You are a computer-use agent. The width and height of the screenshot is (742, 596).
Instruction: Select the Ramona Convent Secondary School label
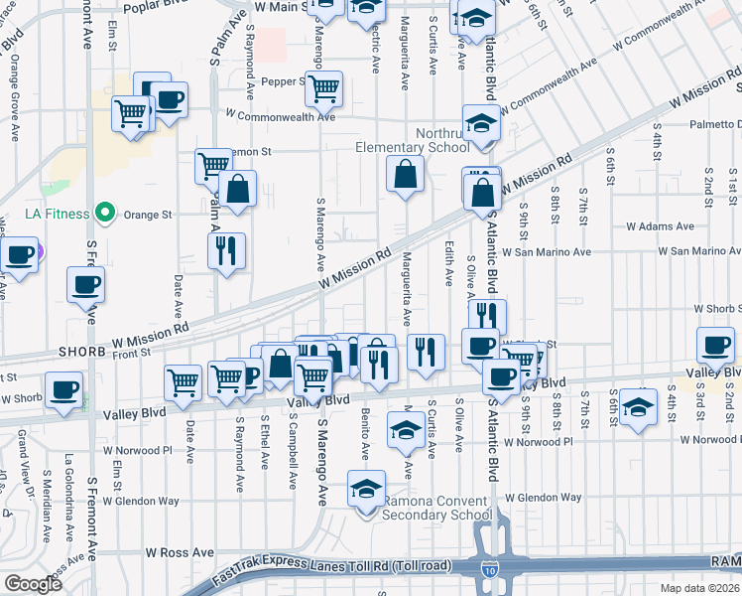436,507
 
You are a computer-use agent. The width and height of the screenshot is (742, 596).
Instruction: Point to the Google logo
33,583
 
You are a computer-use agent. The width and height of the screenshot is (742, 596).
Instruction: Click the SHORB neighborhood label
26,353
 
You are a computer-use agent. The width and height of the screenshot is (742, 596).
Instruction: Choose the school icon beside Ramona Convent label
365,489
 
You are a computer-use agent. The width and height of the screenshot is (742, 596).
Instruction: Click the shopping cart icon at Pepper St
323,87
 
